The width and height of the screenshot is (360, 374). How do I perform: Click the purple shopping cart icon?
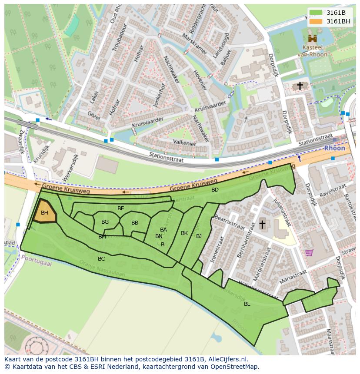[309, 252]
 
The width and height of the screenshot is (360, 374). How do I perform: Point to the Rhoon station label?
[334, 148]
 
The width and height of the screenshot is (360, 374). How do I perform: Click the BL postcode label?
[247, 304]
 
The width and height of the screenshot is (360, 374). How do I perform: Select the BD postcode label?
[215, 190]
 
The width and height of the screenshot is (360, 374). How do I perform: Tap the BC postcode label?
[101, 259]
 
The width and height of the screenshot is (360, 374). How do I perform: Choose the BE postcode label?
[121, 209]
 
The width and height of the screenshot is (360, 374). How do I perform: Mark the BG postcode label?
[105, 222]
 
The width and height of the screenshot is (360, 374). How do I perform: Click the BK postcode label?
[184, 233]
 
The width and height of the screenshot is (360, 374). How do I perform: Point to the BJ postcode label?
[199, 236]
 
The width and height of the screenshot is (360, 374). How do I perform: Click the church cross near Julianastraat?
[262, 224]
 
